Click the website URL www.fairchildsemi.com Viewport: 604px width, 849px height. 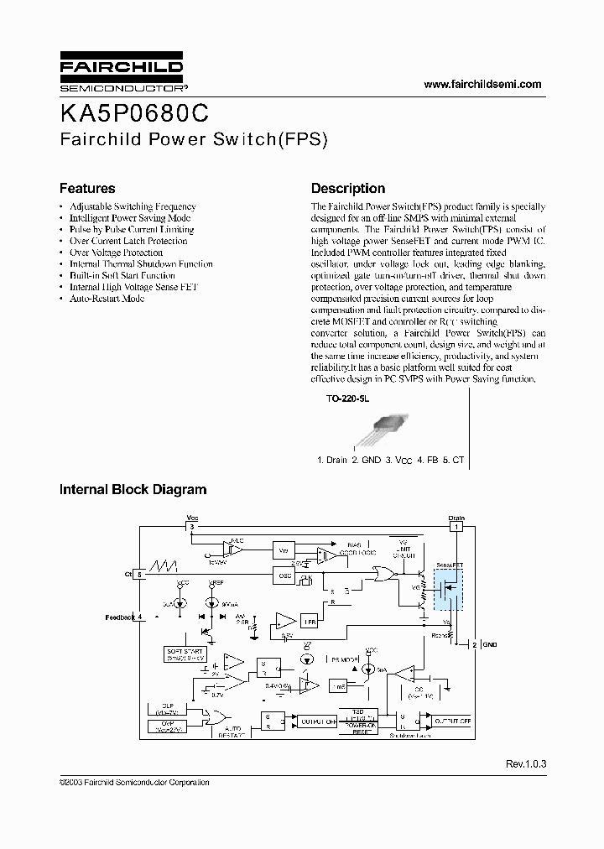coord(482,84)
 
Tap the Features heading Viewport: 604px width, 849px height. coord(87,189)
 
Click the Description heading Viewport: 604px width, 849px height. coord(348,189)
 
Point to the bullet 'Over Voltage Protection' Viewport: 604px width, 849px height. coord(116,253)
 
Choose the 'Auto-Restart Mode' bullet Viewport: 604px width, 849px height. coord(107,299)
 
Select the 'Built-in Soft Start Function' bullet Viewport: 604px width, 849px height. coord(122,275)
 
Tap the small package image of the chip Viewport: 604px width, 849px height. coord(379,430)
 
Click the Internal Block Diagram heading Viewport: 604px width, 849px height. coord(133,489)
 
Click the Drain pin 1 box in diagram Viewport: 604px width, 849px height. coord(456,527)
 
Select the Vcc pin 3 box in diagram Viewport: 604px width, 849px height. coord(191,527)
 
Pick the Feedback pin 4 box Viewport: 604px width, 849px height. coord(139,617)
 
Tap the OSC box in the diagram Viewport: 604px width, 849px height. coord(284,575)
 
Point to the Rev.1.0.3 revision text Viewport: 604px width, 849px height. coord(526,764)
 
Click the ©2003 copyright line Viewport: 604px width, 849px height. coord(134,782)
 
